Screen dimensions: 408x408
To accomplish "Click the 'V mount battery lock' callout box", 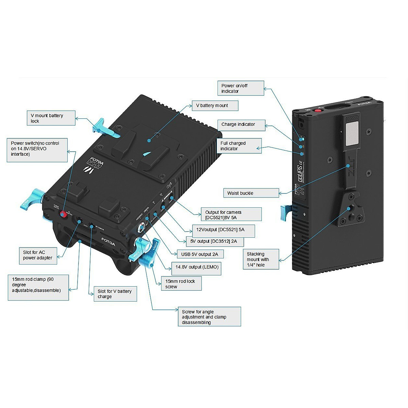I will [51, 118].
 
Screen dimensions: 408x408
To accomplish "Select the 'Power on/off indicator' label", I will [241, 88].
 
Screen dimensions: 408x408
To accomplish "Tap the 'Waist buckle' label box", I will [251, 193].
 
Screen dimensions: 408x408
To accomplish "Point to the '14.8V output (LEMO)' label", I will [197, 267].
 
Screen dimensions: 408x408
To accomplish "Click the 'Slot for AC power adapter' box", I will [38, 255].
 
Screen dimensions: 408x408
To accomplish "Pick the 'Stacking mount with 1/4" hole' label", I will [261, 259].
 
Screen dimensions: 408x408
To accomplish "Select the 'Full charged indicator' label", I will [239, 146].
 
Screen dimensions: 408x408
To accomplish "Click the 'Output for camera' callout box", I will [232, 215].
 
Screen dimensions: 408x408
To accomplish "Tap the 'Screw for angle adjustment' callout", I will [209, 317].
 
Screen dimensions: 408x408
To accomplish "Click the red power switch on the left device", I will [63, 214].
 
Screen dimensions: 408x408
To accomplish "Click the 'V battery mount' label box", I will [215, 105].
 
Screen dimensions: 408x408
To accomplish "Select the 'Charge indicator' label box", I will [241, 124].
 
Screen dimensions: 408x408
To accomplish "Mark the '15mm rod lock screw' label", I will [181, 284].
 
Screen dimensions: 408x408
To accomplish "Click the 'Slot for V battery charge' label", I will [115, 294].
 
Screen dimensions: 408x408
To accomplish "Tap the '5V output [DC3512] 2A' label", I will [215, 241].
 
